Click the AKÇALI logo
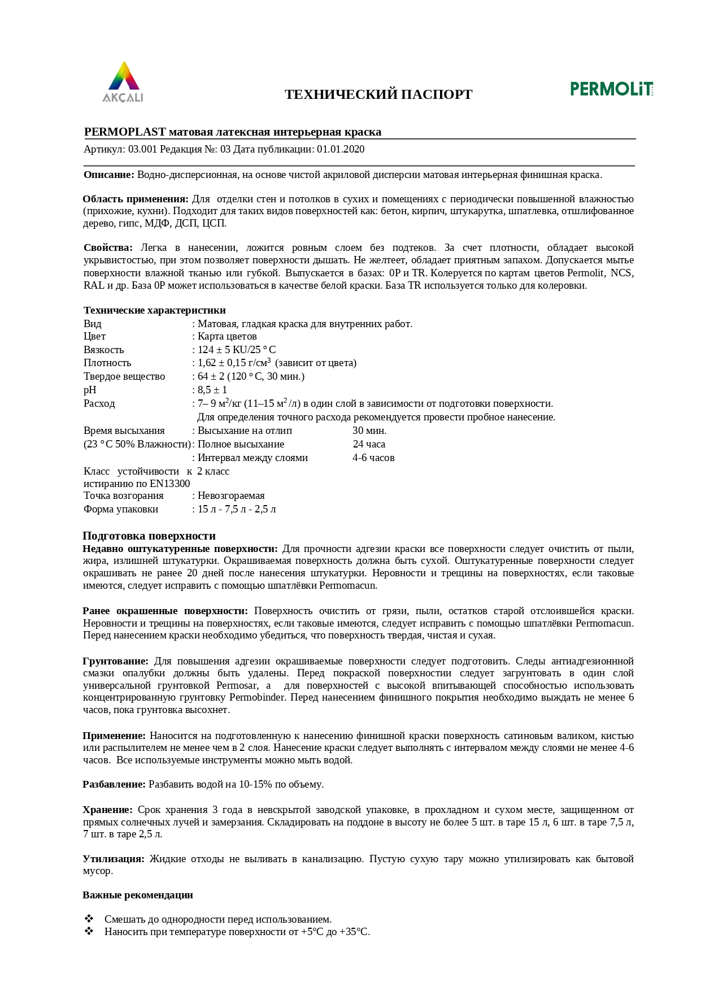[x=123, y=82]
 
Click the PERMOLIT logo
[x=612, y=89]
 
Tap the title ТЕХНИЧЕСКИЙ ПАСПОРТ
[x=378, y=94]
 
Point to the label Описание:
[x=109, y=175]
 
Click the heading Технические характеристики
[x=154, y=310]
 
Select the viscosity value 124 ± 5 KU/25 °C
[x=237, y=350]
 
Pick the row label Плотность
[x=107, y=363]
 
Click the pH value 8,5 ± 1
[x=212, y=390]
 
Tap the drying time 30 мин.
[x=369, y=431]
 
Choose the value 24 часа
[x=369, y=444]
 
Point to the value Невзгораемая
[x=231, y=495]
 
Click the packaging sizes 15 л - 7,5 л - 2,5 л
[x=237, y=509]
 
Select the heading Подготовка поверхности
[x=149, y=536]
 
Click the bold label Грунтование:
[x=115, y=661]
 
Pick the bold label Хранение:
[x=107, y=810]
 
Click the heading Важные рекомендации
[x=138, y=895]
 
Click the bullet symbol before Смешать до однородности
[x=89, y=919]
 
